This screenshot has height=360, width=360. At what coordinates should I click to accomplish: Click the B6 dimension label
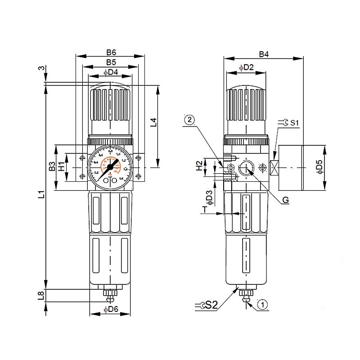coord(111,52)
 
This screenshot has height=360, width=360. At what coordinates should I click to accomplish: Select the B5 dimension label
coord(111,62)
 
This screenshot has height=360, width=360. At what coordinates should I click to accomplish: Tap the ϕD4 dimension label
coord(111,72)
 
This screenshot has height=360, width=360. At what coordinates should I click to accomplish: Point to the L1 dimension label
coord(41,194)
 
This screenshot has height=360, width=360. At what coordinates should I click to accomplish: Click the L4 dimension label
coord(153,122)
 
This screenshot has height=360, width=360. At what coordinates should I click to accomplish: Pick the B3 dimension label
coord(52,167)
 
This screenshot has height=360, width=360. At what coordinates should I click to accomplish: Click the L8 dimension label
coord(41,295)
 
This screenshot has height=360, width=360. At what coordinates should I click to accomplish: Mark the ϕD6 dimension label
coord(111,310)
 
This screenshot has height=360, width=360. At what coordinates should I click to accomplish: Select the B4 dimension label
coord(264,54)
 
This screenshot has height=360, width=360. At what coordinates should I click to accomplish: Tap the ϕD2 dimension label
coord(247,67)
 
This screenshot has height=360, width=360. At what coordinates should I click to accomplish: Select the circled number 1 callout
coord(263,305)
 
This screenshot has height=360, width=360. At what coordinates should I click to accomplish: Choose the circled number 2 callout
coord(189,120)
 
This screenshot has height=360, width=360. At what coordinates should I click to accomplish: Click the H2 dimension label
coord(198,167)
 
